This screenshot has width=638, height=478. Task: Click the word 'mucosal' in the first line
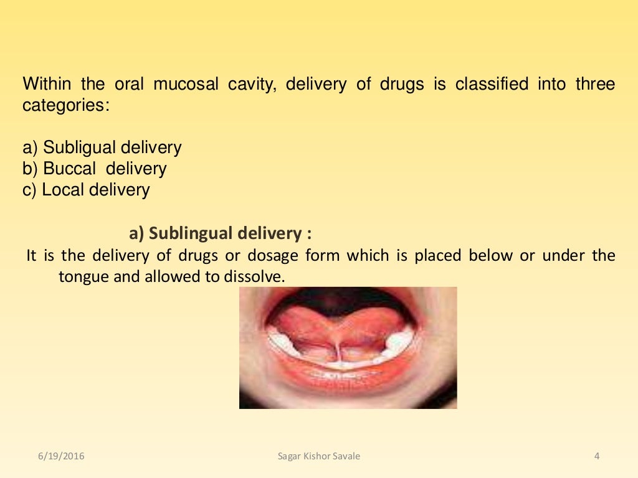point(186,84)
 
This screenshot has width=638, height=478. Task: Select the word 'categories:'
point(66,105)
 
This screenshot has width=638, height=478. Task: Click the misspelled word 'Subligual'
point(79,148)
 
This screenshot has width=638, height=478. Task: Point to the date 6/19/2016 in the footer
point(60,456)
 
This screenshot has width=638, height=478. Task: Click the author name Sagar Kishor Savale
point(319,456)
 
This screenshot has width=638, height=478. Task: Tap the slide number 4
point(597,456)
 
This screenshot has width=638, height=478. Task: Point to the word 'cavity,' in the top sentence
point(254,84)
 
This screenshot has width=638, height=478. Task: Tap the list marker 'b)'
point(31,169)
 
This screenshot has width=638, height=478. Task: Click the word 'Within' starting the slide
point(47,84)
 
